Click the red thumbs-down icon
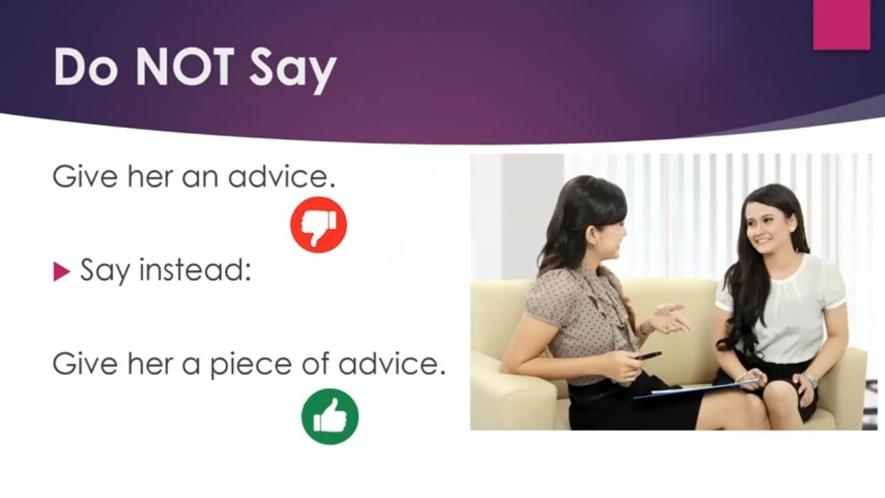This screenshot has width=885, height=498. point(318,224)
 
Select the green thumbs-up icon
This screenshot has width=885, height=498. point(330,416)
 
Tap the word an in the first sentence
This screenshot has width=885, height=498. point(201,178)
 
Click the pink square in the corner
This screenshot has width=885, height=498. point(841,24)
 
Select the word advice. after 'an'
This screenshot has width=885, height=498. point(281,177)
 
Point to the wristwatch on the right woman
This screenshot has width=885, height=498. point(810,380)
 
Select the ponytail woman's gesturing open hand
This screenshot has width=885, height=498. point(667,318)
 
